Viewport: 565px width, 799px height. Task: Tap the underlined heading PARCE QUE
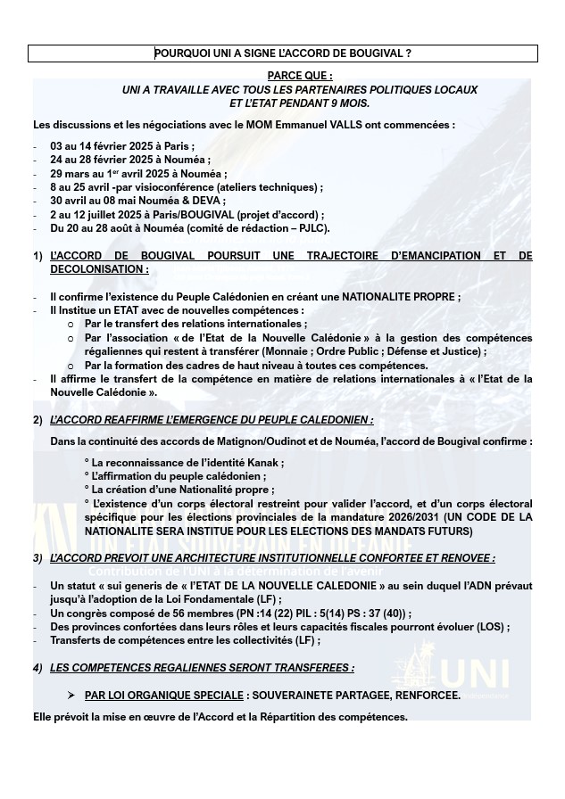pyautogui.click(x=300, y=77)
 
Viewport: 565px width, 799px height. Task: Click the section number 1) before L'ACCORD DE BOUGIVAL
pyautogui.click(x=38, y=256)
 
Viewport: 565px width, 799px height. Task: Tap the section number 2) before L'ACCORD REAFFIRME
pyautogui.click(x=38, y=420)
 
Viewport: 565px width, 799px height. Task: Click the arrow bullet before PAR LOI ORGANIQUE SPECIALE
pyautogui.click(x=71, y=695)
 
